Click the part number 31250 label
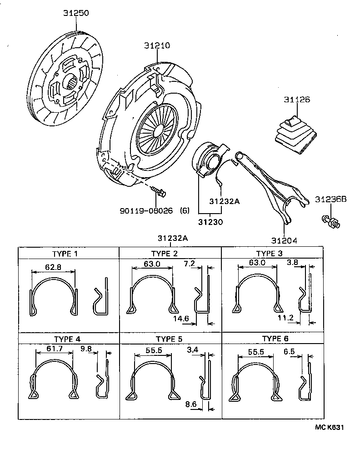76,14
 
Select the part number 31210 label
157,46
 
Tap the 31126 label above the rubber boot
297,99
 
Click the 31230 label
210,222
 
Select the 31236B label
331,199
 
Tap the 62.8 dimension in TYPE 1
54,267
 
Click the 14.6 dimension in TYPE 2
182,319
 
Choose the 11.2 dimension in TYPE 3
287,318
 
